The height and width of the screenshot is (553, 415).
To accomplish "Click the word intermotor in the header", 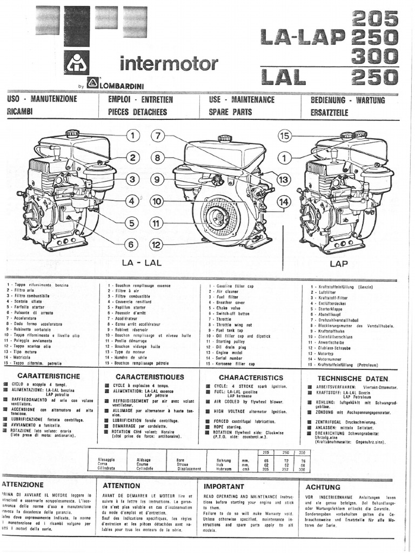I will point(169,64).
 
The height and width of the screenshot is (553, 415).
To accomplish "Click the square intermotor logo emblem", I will point(77,63).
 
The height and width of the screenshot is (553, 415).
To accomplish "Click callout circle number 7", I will point(158,136).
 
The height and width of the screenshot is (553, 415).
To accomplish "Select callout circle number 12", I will point(157,245).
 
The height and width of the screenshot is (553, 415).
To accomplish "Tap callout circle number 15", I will point(285,136).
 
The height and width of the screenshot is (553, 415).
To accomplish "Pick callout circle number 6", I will point(131,244).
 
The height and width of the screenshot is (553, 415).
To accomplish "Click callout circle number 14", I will point(284,201).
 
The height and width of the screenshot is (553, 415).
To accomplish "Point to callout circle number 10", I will point(157,201).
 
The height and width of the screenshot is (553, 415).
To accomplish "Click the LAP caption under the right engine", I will point(339,264).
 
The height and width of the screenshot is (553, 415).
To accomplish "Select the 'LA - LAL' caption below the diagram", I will point(142,263).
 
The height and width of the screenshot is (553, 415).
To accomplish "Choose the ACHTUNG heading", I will point(323,487).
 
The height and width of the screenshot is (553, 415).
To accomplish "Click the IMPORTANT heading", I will point(224,486).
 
